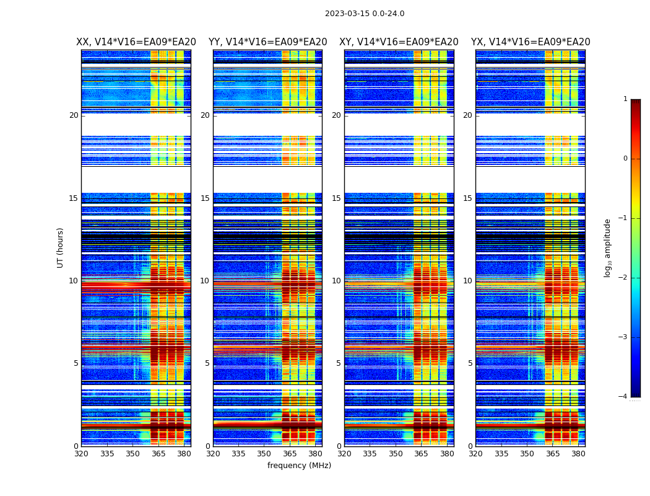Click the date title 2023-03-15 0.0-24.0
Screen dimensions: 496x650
click(365, 14)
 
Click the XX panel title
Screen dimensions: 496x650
click(136, 42)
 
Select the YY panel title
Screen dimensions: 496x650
click(267, 42)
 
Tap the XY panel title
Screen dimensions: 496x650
click(399, 42)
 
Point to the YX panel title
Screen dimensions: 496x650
click(531, 42)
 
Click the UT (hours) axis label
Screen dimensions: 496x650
click(60, 247)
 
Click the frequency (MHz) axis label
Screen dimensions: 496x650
click(299, 466)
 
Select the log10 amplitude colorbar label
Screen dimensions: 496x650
click(608, 247)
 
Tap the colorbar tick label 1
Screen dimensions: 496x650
click(625, 99)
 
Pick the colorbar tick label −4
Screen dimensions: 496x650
click(623, 397)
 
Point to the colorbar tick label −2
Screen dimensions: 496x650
click(623, 278)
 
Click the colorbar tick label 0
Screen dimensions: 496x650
click(625, 159)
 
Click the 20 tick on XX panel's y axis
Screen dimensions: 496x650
click(74, 115)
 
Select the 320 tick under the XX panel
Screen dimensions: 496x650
click(81, 454)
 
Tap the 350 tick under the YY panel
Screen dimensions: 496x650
click(264, 454)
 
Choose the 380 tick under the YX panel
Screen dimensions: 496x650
click(578, 454)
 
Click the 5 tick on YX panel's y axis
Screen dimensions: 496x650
click(470, 363)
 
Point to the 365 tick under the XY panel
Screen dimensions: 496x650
click(421, 454)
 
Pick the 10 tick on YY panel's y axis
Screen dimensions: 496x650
click(205, 281)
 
